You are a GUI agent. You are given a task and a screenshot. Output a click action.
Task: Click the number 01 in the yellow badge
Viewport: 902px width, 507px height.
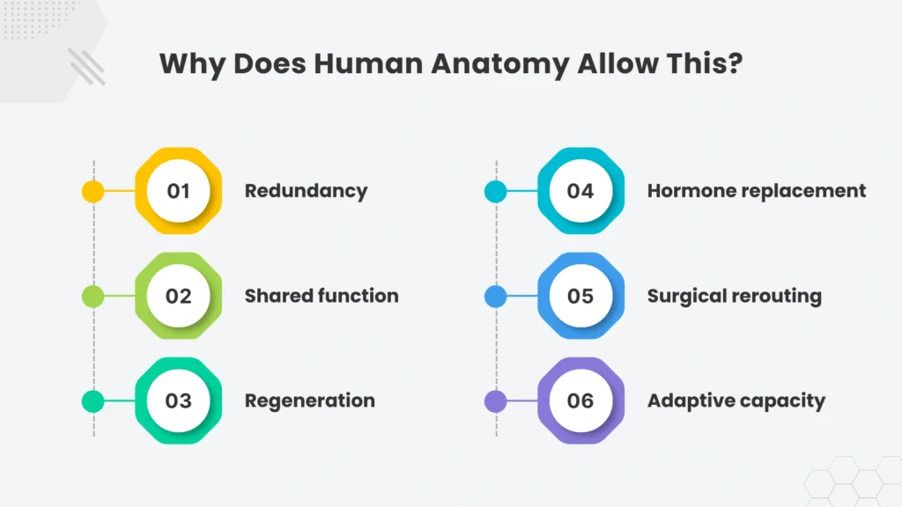coord(178,191)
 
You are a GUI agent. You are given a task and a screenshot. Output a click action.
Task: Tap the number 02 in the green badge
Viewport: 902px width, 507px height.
coord(178,296)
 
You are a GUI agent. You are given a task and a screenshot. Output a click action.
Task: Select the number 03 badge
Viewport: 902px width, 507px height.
coord(178,400)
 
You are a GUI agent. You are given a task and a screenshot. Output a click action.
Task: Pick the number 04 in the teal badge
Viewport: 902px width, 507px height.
coord(580,191)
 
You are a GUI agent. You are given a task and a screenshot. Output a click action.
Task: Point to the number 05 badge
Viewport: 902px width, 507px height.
coord(580,296)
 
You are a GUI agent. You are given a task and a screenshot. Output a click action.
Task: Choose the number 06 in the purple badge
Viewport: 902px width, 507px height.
coord(580,400)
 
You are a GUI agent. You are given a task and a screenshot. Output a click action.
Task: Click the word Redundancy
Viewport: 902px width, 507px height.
coord(306,191)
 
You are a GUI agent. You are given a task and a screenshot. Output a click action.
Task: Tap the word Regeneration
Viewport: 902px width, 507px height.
coord(309,401)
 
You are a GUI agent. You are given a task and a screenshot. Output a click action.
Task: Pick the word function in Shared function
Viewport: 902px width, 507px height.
coord(359,296)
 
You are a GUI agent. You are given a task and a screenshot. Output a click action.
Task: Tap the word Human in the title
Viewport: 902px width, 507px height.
coord(368,63)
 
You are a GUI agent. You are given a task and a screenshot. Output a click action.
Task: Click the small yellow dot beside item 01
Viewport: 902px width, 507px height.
coord(93,191)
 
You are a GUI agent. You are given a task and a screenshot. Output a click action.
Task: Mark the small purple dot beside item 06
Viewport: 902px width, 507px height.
coord(495,401)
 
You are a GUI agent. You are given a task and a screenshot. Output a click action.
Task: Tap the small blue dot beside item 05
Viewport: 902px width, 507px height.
coord(495,296)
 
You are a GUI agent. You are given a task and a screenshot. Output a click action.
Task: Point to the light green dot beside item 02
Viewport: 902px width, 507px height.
coord(93,296)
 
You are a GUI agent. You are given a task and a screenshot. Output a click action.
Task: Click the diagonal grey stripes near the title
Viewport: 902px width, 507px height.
coord(87,67)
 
